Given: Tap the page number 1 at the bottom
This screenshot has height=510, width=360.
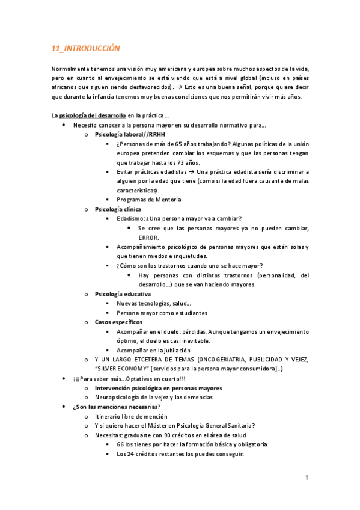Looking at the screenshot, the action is [306, 478].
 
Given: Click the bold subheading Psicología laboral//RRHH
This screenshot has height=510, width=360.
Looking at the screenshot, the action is [129, 134].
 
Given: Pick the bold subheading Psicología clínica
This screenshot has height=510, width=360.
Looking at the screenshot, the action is [117, 209].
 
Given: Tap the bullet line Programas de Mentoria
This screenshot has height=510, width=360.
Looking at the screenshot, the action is [148, 200].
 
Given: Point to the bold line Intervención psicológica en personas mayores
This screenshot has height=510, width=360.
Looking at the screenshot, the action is [158, 388].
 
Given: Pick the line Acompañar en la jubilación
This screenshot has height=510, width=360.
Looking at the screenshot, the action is [153, 350].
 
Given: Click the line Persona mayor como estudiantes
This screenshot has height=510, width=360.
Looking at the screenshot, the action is [162, 313].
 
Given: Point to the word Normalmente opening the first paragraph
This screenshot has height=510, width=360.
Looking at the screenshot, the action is [71, 69].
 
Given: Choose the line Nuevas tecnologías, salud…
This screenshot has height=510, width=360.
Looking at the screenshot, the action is [154, 303].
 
